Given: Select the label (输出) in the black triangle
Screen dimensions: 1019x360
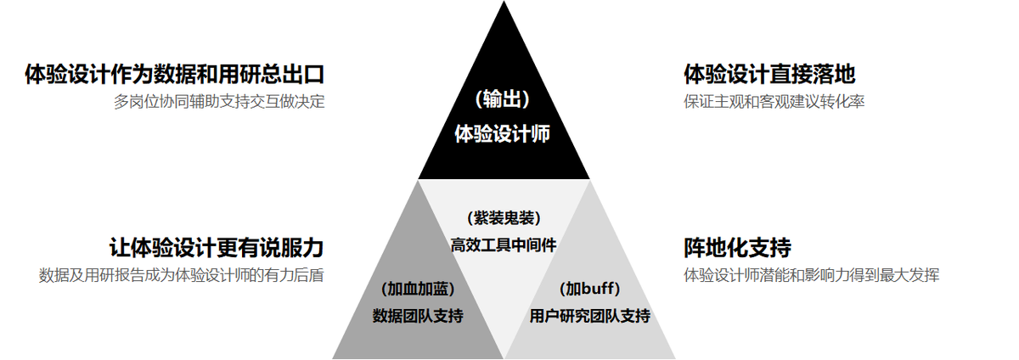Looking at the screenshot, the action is pos(503,99).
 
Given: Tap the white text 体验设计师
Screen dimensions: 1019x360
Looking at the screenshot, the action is pos(503,133).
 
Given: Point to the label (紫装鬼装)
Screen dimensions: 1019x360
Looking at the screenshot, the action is pos(504,217).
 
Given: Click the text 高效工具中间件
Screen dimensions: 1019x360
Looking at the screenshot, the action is pos(504,245).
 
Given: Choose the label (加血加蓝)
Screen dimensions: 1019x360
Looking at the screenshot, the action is pos(418,288).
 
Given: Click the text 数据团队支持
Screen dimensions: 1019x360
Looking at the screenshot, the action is pos(418,317).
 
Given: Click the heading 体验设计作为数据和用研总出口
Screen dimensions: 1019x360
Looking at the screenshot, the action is pos(175,75).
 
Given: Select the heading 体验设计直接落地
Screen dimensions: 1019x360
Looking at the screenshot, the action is pos(768,75).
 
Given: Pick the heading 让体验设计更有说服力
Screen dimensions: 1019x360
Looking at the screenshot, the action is pos(217,248).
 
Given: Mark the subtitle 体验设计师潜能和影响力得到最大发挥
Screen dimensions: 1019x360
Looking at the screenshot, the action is pos(811,275).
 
